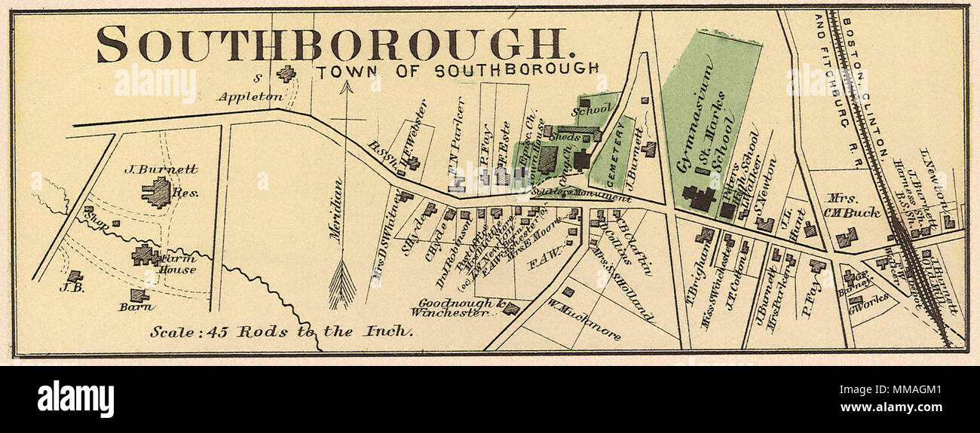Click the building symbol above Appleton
pyautogui.click(x=286, y=74)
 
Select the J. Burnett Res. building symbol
pyautogui.click(x=157, y=193)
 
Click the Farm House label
pyautogui.click(x=178, y=264)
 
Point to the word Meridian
pyautogui.click(x=336, y=209)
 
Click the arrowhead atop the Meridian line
pyautogui.click(x=346, y=87)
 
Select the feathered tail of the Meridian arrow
pyautogui.click(x=342, y=285)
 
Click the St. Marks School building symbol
pyautogui.click(x=699, y=198)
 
